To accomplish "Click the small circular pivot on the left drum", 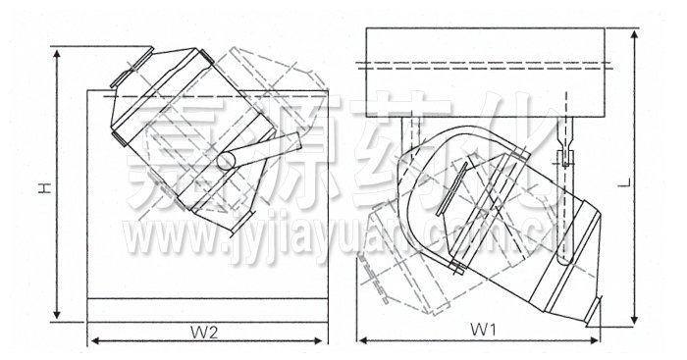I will click(227, 159).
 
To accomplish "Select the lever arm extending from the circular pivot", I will click(263, 149).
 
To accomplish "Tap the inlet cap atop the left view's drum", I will click(128, 70).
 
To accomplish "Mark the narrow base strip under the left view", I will click(205, 308).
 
